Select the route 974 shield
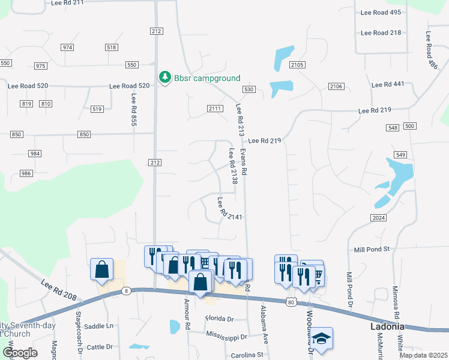[67, 47]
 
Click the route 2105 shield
[297, 65]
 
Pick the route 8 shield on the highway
[126, 291]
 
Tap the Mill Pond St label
[372, 249]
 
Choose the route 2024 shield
[378, 217]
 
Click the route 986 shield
[26, 173]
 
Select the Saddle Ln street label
[99, 326]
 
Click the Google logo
[20, 353]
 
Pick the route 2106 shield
[336, 87]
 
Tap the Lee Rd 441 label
[388, 85]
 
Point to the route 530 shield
[249, 89]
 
